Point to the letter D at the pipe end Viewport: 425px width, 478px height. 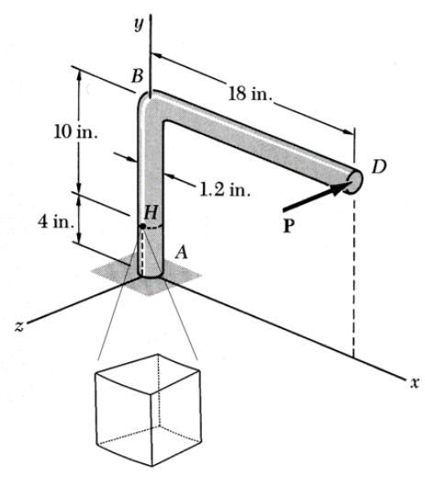click(x=378, y=165)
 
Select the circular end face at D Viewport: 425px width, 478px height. click(x=357, y=177)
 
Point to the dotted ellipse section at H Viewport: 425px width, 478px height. click(x=151, y=223)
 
